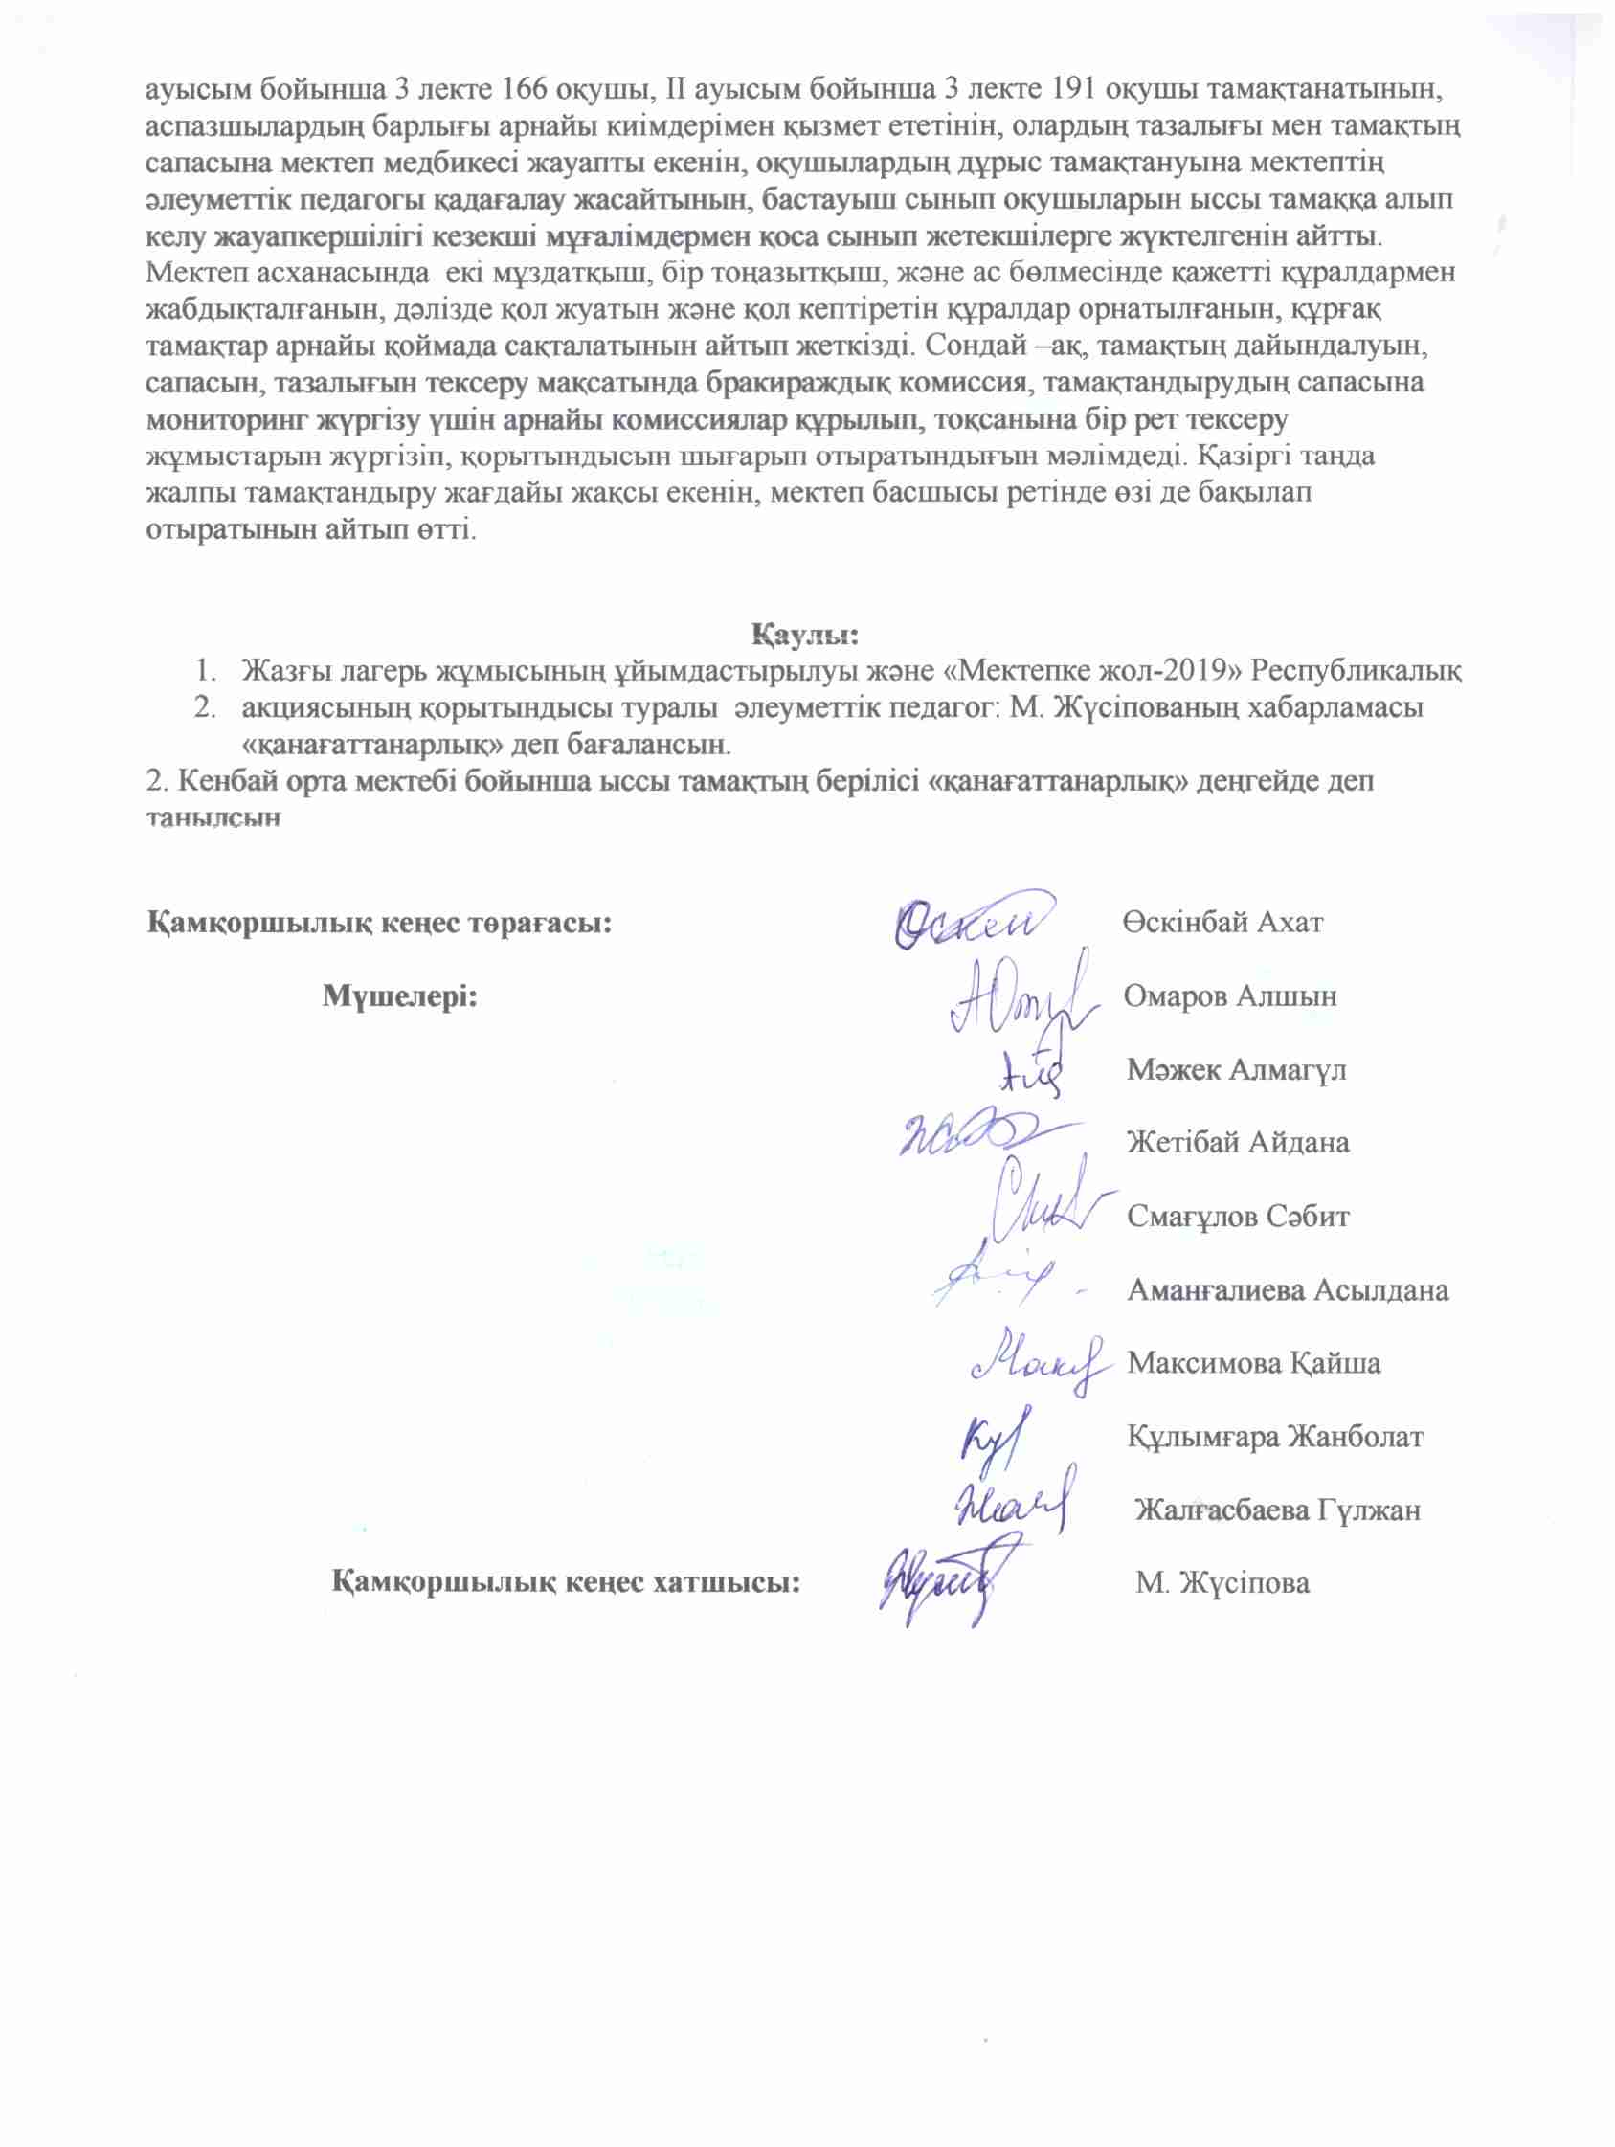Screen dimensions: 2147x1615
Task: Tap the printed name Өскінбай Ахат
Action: [x=1222, y=922]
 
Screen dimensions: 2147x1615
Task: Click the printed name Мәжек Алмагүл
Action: [x=1237, y=1069]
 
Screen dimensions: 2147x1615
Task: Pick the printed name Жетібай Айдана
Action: [x=1238, y=1142]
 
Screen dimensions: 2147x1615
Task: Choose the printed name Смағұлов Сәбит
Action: [x=1238, y=1217]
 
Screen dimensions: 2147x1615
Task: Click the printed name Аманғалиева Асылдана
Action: [x=1287, y=1290]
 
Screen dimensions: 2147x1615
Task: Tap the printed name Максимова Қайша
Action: [x=1253, y=1363]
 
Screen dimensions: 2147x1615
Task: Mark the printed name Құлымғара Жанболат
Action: [x=1274, y=1437]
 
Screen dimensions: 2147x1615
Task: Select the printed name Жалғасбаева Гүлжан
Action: [x=1277, y=1510]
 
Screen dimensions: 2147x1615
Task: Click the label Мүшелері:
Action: [x=400, y=995]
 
